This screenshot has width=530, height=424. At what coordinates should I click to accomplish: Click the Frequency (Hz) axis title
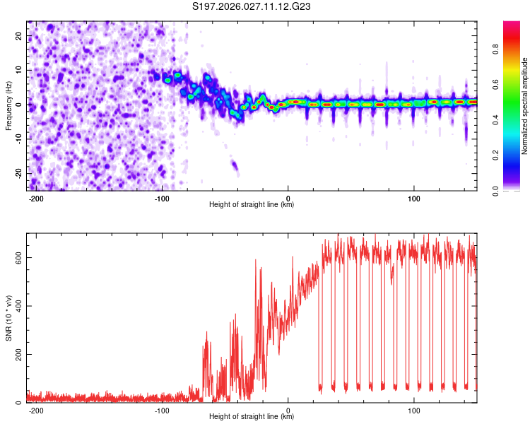[x=8, y=105]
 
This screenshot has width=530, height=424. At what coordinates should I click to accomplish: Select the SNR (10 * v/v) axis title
[x=8, y=317]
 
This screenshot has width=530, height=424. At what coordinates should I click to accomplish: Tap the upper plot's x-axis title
[x=252, y=204]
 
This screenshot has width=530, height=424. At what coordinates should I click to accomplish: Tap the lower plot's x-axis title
[x=252, y=416]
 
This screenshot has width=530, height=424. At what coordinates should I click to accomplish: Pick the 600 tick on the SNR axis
[x=17, y=258]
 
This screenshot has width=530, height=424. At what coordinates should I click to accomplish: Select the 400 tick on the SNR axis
[x=17, y=306]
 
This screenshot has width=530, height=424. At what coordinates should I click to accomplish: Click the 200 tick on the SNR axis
[x=17, y=354]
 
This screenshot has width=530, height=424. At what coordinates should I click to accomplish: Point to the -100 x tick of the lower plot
[x=162, y=409]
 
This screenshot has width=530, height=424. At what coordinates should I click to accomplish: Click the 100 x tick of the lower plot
[x=414, y=409]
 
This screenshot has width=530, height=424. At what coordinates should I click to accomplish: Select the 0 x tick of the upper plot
[x=288, y=197]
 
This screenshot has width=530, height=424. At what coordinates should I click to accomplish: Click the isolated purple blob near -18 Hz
[x=235, y=167]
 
